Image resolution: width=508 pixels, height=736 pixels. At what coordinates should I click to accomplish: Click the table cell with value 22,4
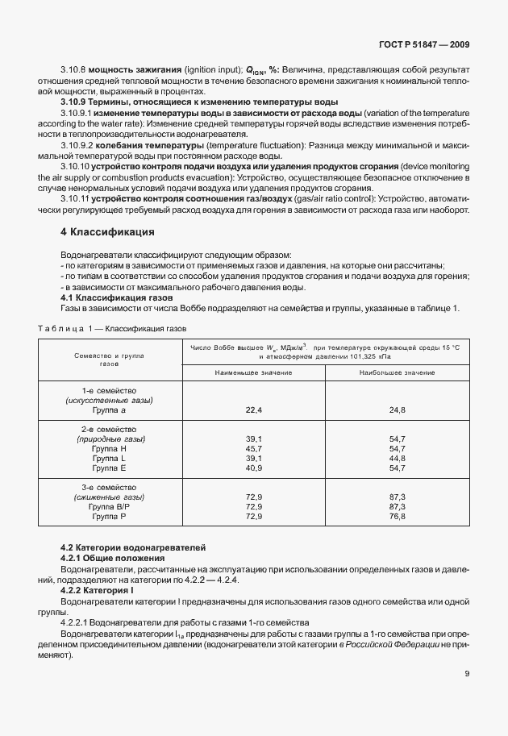pos(254,410)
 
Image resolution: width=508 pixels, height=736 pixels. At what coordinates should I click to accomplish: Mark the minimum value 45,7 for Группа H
pos(254,447)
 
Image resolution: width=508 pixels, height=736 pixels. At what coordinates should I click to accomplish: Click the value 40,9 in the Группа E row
pos(254,467)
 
